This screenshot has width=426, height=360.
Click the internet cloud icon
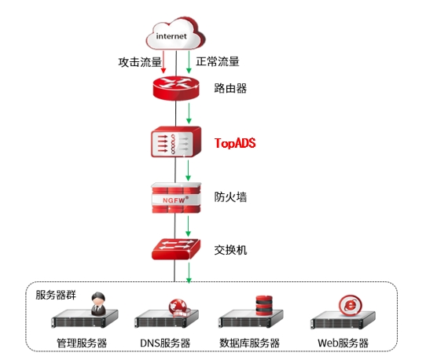point(175,33)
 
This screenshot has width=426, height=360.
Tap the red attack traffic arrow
point(163,61)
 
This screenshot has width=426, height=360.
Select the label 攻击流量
point(140,62)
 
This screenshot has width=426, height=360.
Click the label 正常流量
point(218,61)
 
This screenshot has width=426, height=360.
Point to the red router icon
point(176,88)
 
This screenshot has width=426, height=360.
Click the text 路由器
point(230,88)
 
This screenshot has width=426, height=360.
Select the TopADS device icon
point(176,141)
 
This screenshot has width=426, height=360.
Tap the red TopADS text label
point(235,143)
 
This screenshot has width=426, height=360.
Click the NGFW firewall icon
point(176,198)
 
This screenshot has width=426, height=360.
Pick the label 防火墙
point(230,197)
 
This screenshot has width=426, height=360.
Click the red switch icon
point(176,249)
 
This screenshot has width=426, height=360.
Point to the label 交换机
point(230,250)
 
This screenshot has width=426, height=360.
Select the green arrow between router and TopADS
point(189,113)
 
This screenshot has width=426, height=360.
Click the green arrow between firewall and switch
point(188,226)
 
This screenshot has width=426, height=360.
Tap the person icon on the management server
point(98,303)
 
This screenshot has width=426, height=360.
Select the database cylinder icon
point(264,306)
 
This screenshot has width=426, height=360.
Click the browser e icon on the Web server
point(351,305)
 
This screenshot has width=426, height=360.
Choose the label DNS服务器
point(165,343)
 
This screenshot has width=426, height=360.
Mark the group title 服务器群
point(56,295)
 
